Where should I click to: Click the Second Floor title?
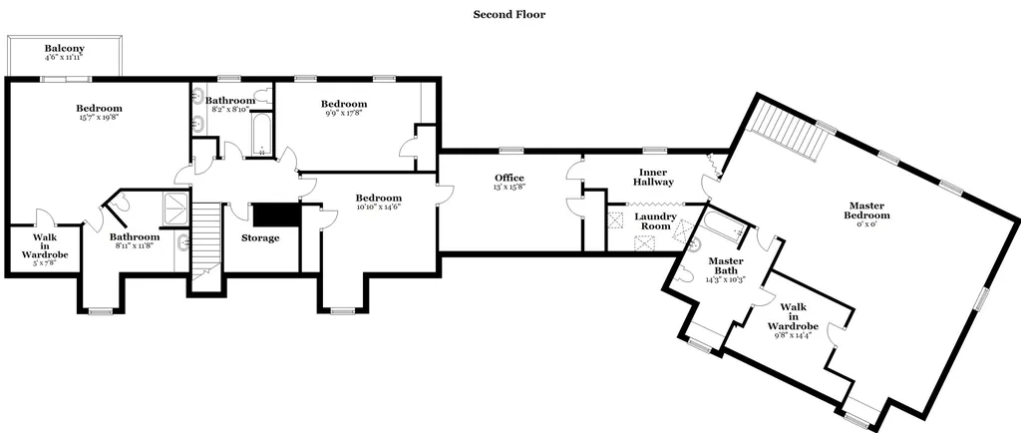coord(510,14)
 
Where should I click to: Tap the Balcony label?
coord(65,48)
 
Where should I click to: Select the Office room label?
coord(510,178)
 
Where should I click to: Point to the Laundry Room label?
coord(656,220)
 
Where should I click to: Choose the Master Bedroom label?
coord(866,211)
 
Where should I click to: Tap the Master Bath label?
coord(726,265)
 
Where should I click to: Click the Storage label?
coord(260,237)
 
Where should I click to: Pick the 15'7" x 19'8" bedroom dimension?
coord(99,118)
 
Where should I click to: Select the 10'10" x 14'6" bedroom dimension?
coord(378,208)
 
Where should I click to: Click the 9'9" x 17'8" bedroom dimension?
coord(344,114)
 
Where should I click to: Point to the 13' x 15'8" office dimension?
coord(510,187)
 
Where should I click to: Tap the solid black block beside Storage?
coord(276,215)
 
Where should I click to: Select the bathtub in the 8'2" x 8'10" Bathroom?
coord(261,135)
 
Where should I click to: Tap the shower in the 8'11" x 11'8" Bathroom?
coord(175,209)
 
